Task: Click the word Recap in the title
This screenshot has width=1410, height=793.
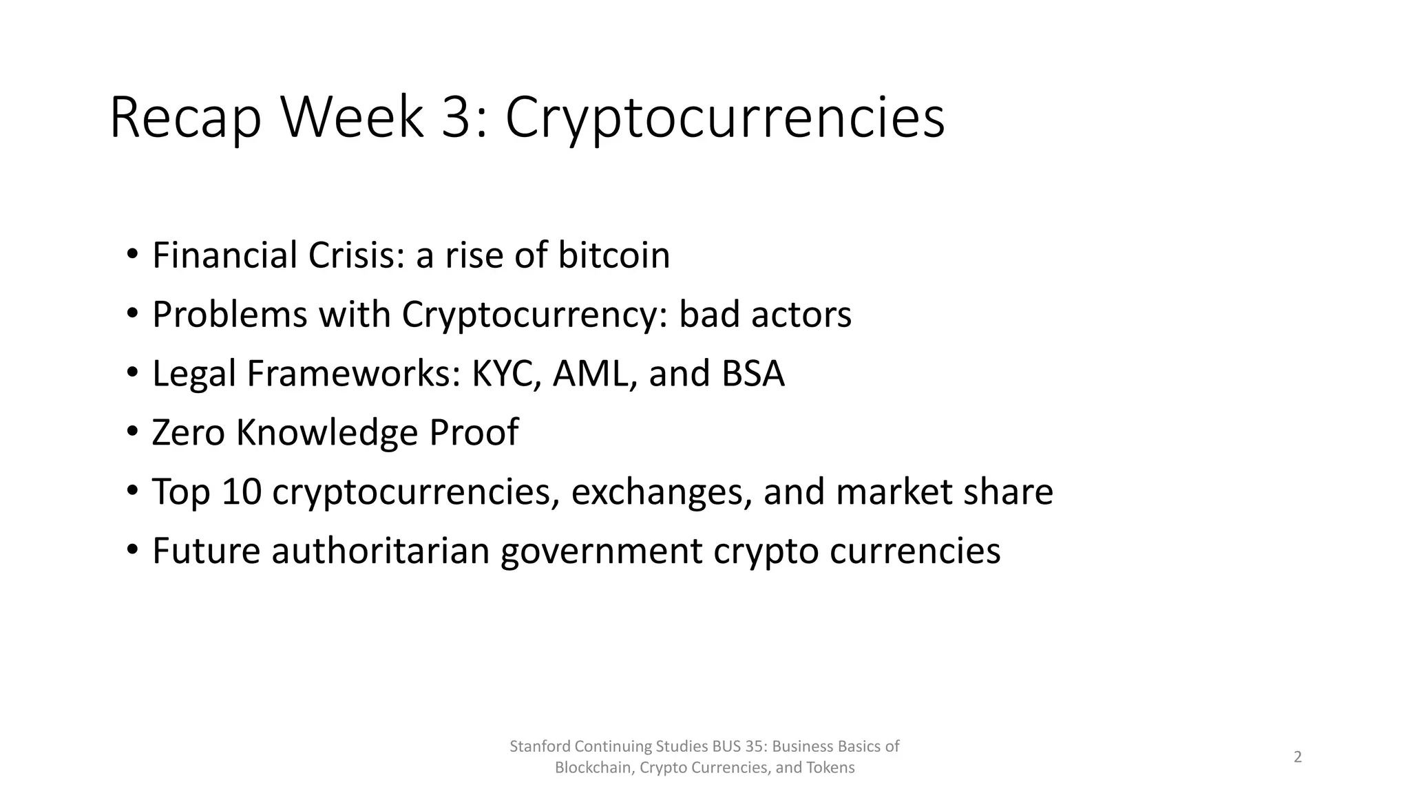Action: (185, 118)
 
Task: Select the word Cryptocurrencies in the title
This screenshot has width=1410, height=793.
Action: (725, 118)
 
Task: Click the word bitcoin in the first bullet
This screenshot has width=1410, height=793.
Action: (613, 255)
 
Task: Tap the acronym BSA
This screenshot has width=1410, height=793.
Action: (753, 374)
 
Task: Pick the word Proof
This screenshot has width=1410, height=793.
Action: (474, 433)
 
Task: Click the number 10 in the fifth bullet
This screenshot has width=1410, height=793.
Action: (242, 492)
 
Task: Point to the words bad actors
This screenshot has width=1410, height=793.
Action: (765, 315)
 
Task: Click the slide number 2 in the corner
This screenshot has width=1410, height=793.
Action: (1298, 757)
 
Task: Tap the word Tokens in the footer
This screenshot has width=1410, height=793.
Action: (835, 768)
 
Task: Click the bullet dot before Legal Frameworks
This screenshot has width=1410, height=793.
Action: (132, 374)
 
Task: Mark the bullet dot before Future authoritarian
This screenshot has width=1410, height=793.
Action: (132, 551)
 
